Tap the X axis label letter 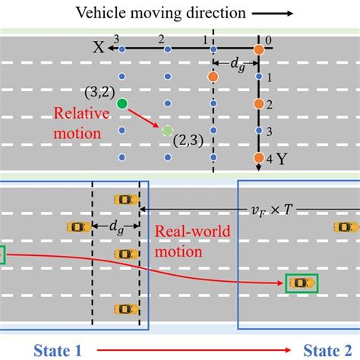click(x=98, y=47)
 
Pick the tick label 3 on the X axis click(x=116, y=39)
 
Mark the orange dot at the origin click(x=259, y=49)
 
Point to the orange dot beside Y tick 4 click(x=259, y=158)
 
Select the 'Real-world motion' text click(x=188, y=240)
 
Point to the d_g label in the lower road click(x=115, y=226)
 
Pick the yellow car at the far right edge click(x=346, y=226)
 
